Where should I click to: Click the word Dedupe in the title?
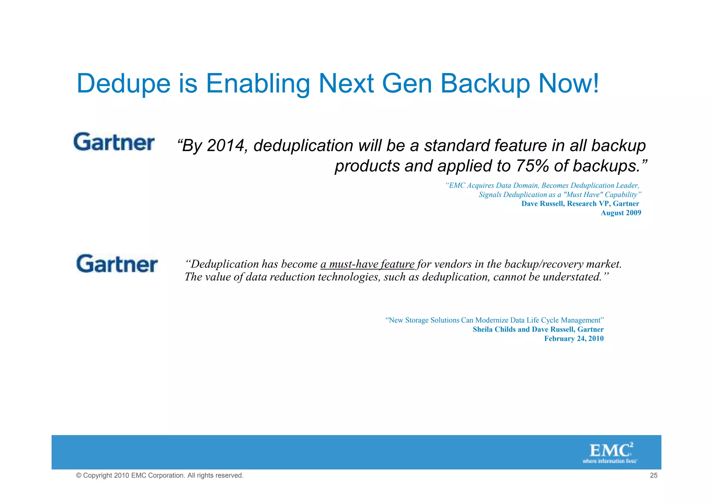pos(124,84)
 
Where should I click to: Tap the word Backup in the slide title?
pos(485,84)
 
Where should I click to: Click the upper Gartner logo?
pos(114,142)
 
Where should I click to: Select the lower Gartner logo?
pos(117,263)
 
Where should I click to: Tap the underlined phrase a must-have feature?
pos(367,264)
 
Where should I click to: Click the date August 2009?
pos(621,213)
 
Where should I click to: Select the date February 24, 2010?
pos(574,338)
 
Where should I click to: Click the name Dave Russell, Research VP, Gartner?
pos(580,204)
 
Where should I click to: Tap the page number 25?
pos(653,475)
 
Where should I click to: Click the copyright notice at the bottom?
pos(160,475)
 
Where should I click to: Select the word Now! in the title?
pos(569,84)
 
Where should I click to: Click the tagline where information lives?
pos(610,461)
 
